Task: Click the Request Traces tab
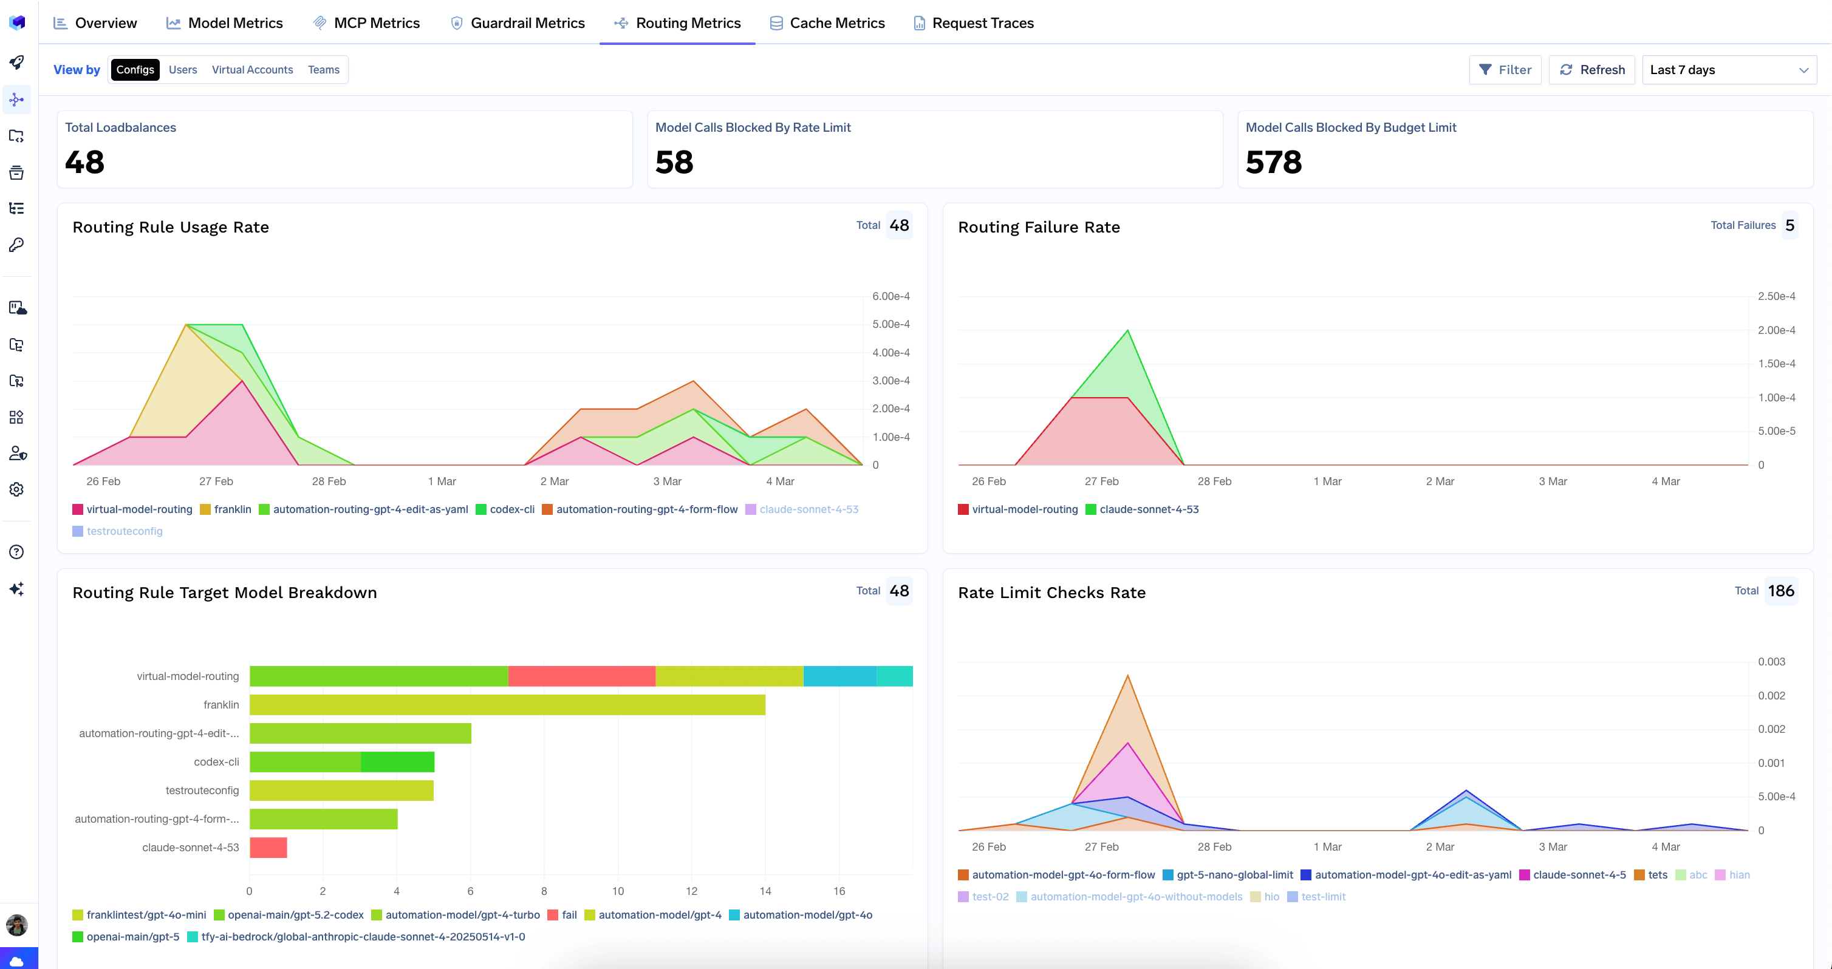click(974, 22)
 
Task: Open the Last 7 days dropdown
click(1728, 70)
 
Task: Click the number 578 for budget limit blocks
click(1273, 162)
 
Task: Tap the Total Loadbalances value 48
click(84, 162)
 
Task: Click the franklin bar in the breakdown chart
click(507, 704)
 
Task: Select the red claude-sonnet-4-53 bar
click(268, 848)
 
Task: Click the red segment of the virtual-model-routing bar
click(581, 676)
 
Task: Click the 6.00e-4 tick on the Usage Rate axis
click(890, 296)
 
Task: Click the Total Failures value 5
click(1789, 225)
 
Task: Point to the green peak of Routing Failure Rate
click(1127, 331)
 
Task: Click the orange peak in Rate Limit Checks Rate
click(1127, 677)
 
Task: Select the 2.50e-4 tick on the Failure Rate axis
click(1776, 296)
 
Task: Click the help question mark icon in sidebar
click(16, 552)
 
